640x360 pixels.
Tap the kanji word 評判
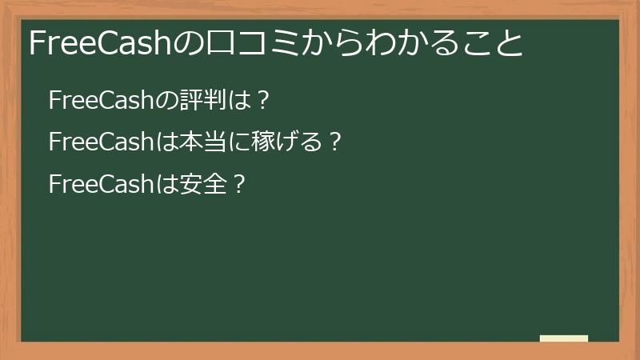[195, 102]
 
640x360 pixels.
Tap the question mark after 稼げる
[335, 143]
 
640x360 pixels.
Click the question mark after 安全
[237, 185]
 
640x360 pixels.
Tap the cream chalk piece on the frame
[564, 338]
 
